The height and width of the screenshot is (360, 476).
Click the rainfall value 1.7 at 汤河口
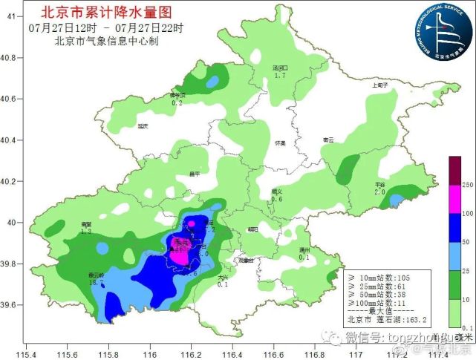tap(279, 76)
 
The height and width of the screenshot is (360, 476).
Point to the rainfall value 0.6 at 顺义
tap(277, 199)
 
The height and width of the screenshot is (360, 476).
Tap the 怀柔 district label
tap(279, 143)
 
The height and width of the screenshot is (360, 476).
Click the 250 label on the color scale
tap(467, 184)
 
